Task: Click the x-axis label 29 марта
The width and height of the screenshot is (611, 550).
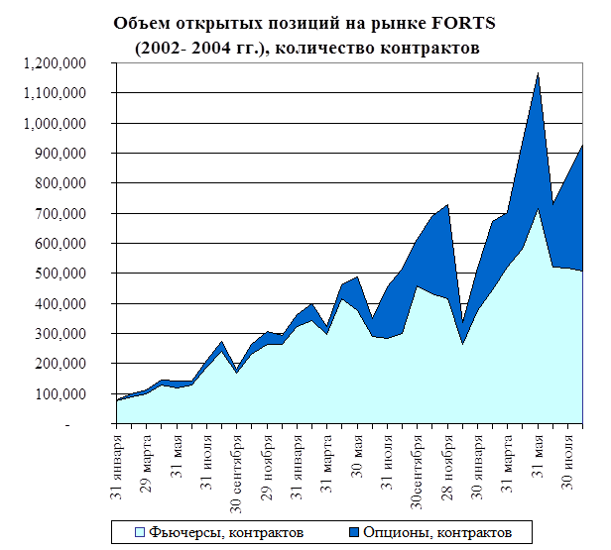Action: [148, 457]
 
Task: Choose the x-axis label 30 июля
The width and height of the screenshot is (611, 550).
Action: [569, 457]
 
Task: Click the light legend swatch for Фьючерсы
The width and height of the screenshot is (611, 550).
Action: [140, 531]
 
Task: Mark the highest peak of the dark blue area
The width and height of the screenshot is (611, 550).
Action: [539, 73]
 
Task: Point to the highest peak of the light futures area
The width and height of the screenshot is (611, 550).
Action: [539, 208]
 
